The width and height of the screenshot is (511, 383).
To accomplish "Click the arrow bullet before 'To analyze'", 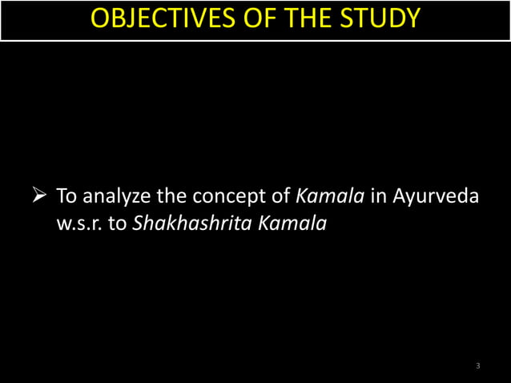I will coord(40,195).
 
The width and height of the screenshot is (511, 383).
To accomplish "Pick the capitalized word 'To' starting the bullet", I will coord(64,195).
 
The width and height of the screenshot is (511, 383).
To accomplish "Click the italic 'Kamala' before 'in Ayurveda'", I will coord(331,195).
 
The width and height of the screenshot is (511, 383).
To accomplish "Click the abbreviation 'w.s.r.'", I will coord(78,224).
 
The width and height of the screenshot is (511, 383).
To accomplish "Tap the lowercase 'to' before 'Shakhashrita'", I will coord(117,224).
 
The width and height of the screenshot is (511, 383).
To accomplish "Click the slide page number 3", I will coord(477,366).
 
